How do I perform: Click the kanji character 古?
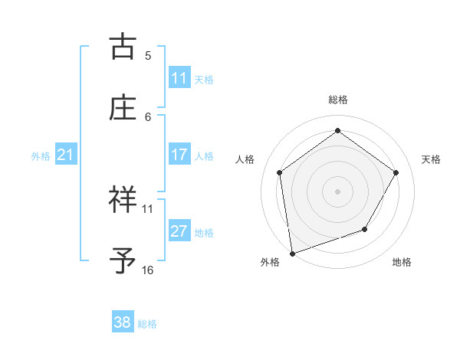point(123,46)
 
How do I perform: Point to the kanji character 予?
point(123,260)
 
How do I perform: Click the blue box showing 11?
point(179,78)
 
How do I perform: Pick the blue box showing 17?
point(179,155)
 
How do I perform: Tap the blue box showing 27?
point(179,231)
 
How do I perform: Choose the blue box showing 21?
point(65,155)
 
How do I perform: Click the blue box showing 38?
point(123,322)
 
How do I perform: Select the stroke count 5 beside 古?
point(148,55)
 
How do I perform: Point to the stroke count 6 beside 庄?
point(148,116)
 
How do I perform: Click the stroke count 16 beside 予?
point(148,270)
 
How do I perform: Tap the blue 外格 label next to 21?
point(41,156)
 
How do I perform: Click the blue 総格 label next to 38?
point(147,323)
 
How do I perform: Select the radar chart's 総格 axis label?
point(338,100)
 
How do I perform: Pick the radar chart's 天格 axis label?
point(432,159)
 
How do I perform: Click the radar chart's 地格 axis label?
point(402,262)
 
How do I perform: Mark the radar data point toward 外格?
point(292,253)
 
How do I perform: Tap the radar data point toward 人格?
point(280,172)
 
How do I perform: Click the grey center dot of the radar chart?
point(338,191)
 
